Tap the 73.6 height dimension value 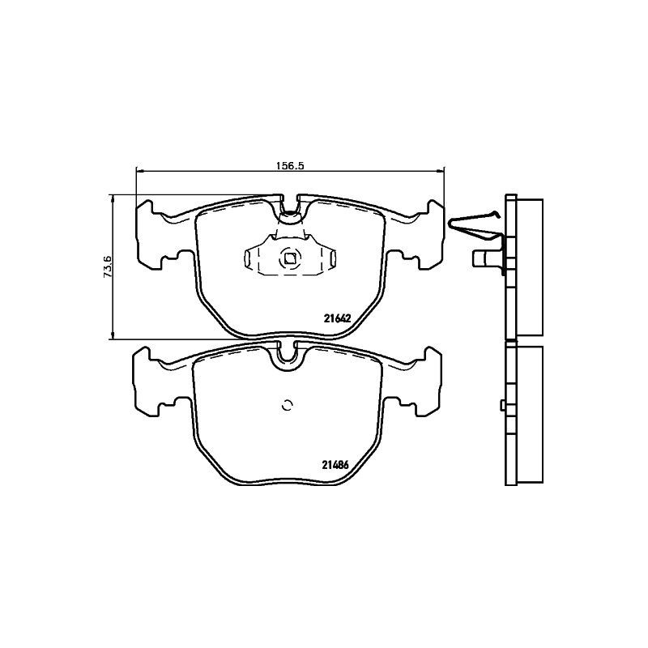click(x=106, y=266)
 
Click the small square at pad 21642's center click(x=289, y=259)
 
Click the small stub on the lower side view click(x=502, y=405)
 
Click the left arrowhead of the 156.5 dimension click(x=139, y=170)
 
